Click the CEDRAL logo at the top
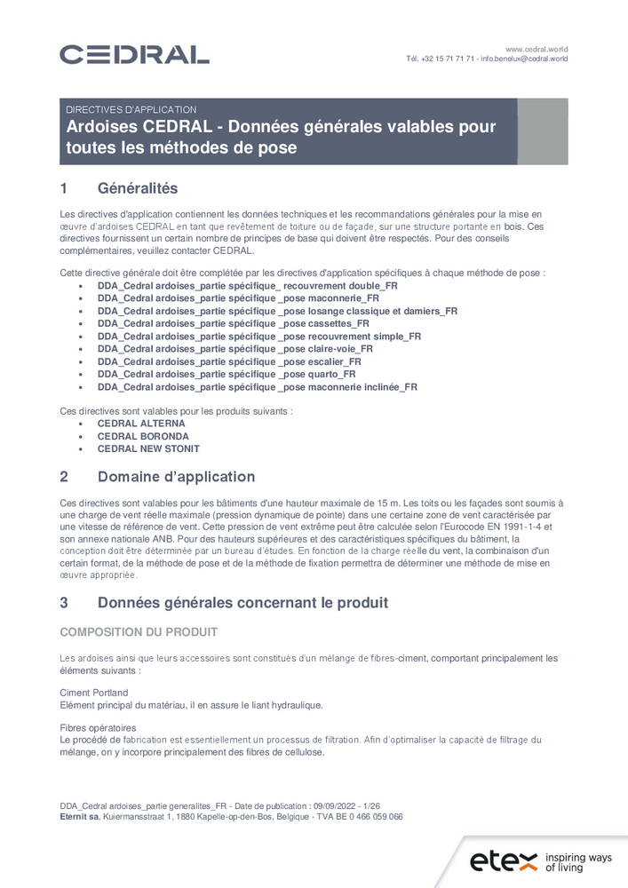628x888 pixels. coord(134,54)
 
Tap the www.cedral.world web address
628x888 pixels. coord(537,49)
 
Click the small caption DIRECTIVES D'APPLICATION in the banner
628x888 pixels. coord(131,109)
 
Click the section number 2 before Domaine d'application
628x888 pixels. coord(64,477)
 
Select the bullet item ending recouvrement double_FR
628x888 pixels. coord(247,287)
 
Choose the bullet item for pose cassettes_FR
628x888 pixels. coord(233,324)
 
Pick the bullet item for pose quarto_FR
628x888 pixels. coord(226,375)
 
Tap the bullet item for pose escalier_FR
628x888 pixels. coord(229,362)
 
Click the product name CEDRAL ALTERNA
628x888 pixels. coord(141,424)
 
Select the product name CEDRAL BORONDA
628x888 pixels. coord(143,436)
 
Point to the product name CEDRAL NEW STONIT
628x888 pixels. coord(148,448)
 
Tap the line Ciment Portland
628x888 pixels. coord(93,693)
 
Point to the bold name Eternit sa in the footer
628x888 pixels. coord(78,816)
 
